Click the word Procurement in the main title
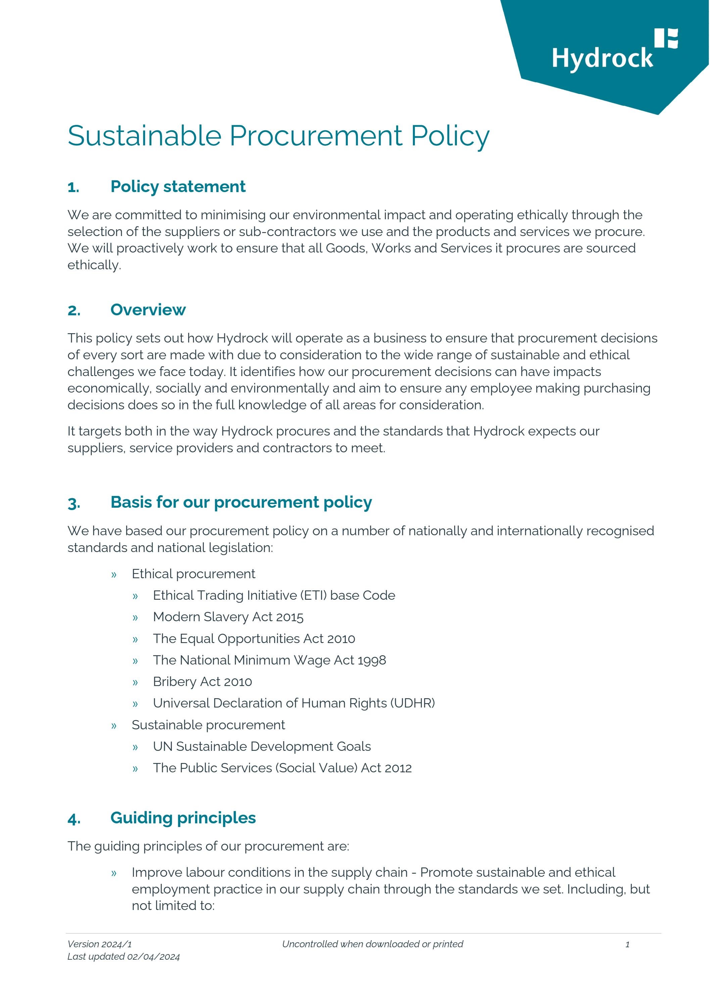click(316, 136)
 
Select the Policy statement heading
click(178, 186)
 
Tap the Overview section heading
click(148, 310)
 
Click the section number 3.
click(74, 503)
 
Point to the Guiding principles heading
click(183, 818)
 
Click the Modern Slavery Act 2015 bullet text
click(228, 617)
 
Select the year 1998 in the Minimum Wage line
click(372, 660)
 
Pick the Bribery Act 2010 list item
click(202, 682)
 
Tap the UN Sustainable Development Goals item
click(262, 746)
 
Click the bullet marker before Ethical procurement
click(114, 574)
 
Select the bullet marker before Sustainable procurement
click(114, 725)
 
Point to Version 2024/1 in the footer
click(99, 944)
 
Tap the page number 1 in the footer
click(627, 945)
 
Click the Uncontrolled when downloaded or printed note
click(373, 944)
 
